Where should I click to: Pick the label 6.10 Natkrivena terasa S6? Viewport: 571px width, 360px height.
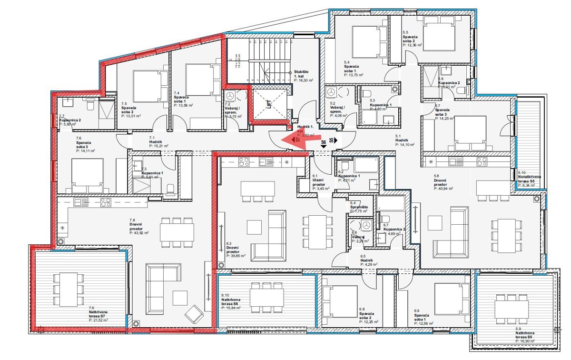232,301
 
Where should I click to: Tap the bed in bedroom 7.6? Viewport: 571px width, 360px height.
87,173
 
